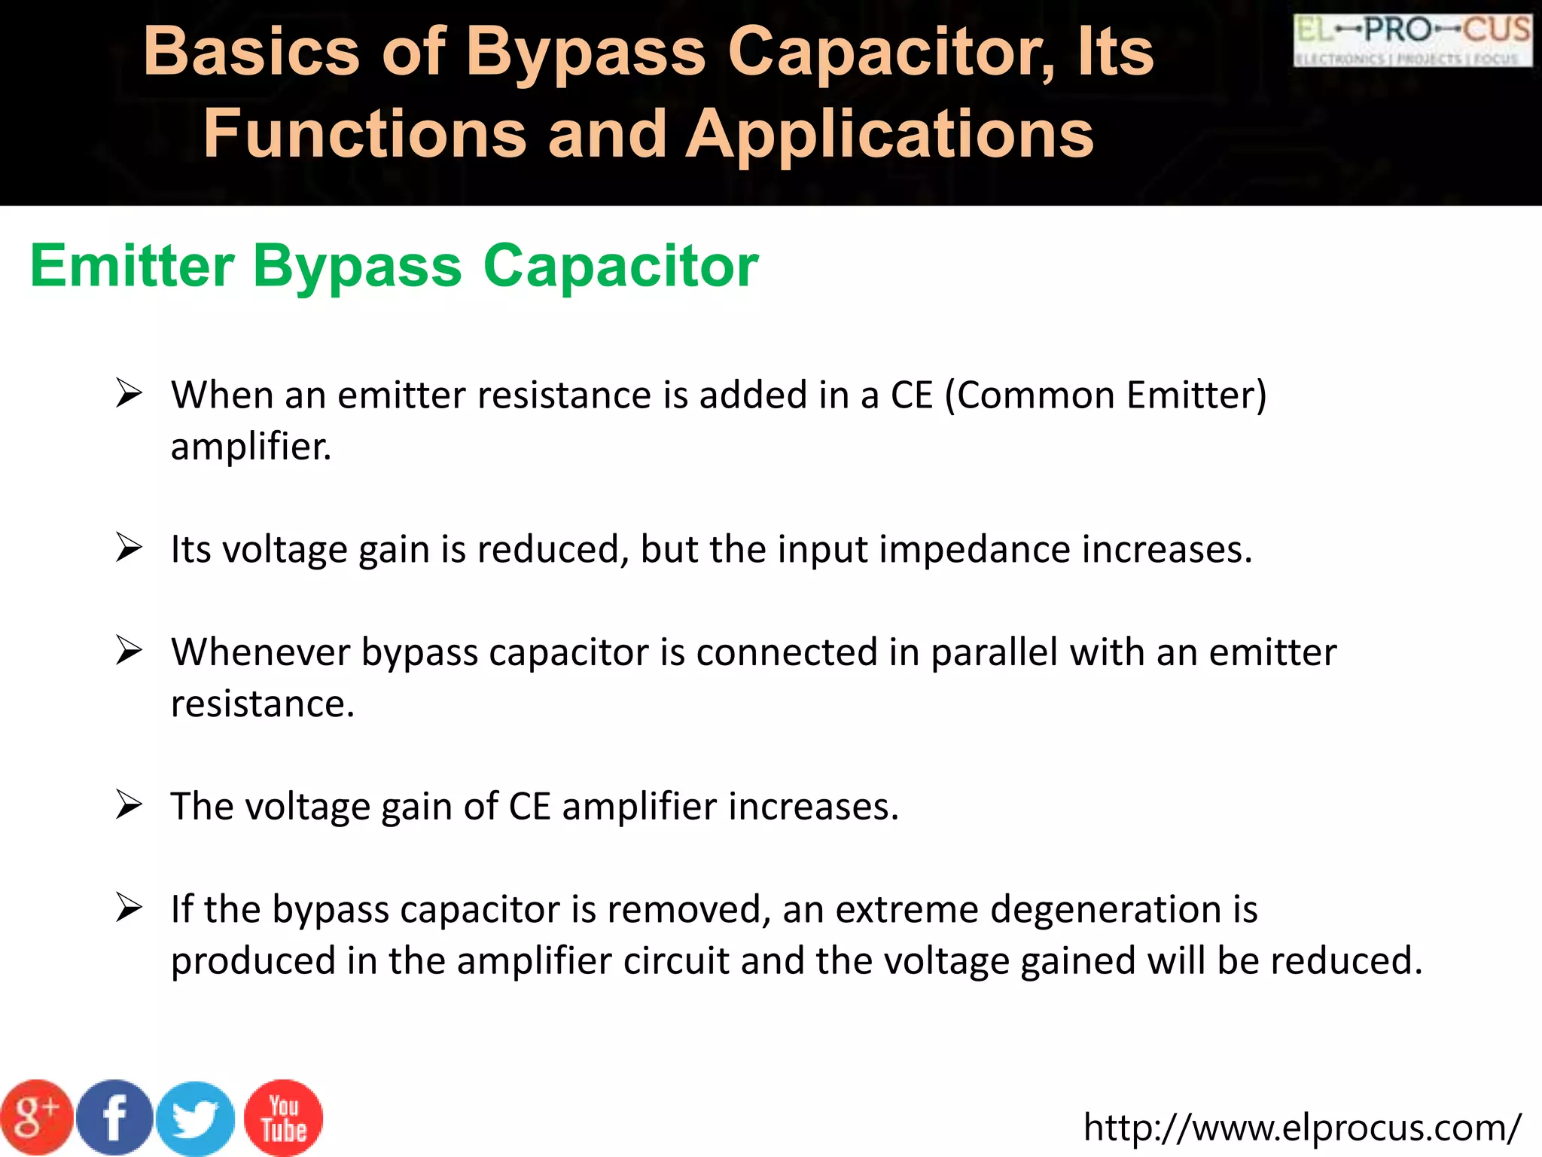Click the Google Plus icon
pos(36,1117)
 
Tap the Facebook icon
pos(114,1117)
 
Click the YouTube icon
pos(284,1118)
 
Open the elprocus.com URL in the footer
pos(1302,1128)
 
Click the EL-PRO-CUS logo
pos(1412,40)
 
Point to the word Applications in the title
pos(889,134)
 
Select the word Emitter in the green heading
pos(133,266)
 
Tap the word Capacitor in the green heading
pos(620,266)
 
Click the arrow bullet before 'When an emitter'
pos(129,393)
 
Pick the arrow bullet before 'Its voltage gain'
pos(129,548)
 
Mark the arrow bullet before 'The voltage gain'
pos(129,804)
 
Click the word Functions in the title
pos(365,134)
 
